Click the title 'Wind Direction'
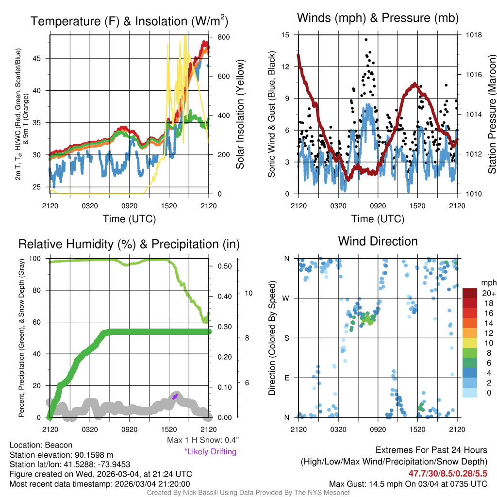378,241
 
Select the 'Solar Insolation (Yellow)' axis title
240,115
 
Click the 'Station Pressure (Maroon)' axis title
491,115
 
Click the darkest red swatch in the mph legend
470,293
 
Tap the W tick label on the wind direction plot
287,298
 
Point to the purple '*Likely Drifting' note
211,452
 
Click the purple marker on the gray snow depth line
175,397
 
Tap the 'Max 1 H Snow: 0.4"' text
203,440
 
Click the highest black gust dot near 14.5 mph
366,40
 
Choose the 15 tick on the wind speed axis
285,35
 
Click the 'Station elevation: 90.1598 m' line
61,455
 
